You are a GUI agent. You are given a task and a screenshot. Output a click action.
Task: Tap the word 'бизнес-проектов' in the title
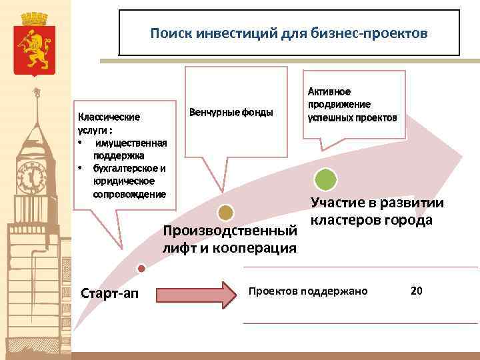point(379,33)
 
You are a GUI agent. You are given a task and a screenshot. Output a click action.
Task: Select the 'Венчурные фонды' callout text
point(231,111)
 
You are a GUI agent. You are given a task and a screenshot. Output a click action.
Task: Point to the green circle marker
point(326,179)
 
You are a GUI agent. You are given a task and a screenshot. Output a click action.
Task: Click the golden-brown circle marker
point(226,213)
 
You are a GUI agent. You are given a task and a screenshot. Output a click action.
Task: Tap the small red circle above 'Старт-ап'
point(141,268)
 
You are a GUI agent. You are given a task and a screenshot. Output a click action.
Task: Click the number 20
point(417,291)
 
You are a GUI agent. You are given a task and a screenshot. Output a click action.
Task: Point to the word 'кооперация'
point(261,249)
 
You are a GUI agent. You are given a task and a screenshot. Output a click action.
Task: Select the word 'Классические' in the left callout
point(109,117)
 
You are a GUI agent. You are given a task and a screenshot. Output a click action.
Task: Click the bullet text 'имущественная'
point(131,143)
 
